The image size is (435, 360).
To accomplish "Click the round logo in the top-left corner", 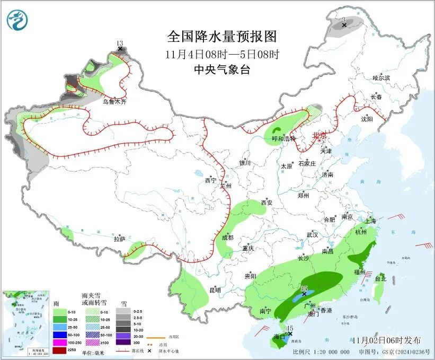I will pyautogui.click(x=17, y=21).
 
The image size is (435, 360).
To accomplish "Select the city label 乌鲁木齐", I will pyautogui.click(x=115, y=101).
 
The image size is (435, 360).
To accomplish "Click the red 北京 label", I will pyautogui.click(x=320, y=135).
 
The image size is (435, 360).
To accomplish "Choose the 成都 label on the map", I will pyautogui.click(x=228, y=238).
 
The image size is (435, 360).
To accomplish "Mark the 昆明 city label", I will pyautogui.click(x=215, y=290).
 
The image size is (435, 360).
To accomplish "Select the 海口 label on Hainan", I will pyautogui.click(x=279, y=337).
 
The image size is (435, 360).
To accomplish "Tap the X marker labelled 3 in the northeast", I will pyautogui.click(x=344, y=25).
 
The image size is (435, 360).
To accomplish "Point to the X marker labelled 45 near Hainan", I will pyautogui.click(x=290, y=333).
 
